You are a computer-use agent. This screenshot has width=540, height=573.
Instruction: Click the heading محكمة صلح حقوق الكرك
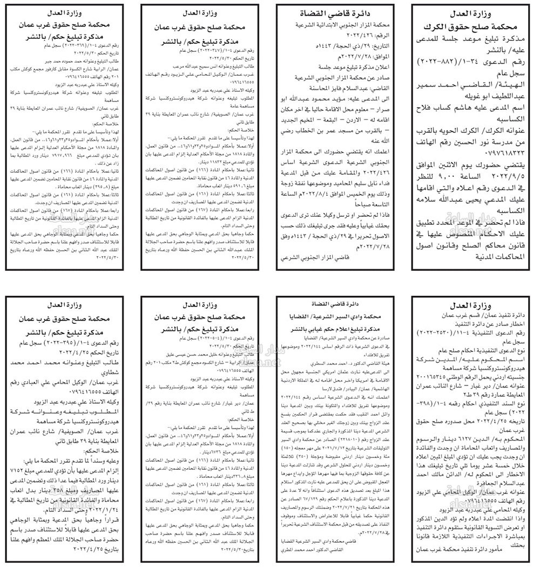coord(474,25)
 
